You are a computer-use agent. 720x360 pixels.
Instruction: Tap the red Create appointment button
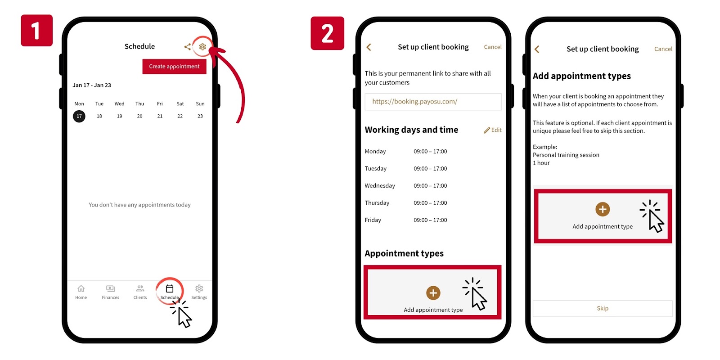(174, 67)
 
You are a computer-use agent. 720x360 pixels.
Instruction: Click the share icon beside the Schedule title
(187, 47)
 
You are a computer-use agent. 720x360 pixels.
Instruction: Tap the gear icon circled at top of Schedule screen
(202, 47)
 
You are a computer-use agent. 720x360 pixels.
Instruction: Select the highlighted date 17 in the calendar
(79, 116)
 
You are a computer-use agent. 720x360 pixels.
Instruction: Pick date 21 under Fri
(160, 116)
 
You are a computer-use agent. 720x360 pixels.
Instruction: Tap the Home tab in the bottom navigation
(81, 292)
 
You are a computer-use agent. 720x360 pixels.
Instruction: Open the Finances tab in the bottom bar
(111, 292)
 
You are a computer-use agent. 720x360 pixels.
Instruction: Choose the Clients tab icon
(140, 288)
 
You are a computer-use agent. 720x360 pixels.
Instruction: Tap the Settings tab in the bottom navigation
(199, 292)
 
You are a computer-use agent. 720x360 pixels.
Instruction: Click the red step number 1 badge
(36, 30)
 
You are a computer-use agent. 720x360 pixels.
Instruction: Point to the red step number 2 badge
(327, 33)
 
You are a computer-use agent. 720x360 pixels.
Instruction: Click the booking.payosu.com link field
(433, 102)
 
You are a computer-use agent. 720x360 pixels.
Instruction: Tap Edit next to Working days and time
(493, 130)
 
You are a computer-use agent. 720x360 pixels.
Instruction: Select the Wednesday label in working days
(380, 185)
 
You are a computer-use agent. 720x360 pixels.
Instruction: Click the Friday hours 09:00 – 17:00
(430, 220)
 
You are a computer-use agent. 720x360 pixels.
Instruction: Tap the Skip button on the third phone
(603, 308)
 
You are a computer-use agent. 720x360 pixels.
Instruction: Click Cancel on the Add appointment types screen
(663, 49)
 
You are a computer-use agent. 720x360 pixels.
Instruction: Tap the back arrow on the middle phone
(369, 47)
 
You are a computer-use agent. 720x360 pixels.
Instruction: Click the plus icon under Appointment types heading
(433, 293)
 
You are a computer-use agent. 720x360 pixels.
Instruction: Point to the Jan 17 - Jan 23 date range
(92, 85)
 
